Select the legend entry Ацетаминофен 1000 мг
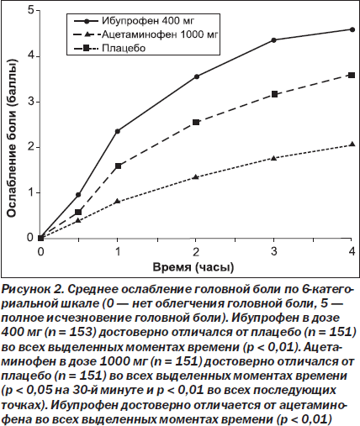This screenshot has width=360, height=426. point(146,34)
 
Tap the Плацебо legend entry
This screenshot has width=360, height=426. point(110,48)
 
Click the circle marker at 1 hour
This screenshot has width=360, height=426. point(118,131)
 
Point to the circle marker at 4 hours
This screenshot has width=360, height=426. point(352,29)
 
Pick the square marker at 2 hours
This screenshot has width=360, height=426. point(196,122)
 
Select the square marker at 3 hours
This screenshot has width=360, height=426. point(274,94)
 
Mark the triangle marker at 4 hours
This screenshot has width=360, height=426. point(352,145)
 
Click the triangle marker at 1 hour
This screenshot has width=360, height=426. point(118,201)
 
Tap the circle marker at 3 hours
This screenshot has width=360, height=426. point(274,40)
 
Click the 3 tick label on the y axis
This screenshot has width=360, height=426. point(30,102)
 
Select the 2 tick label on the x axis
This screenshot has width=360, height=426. point(196,251)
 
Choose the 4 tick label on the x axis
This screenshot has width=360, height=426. point(352,251)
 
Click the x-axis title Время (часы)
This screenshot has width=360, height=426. point(193,267)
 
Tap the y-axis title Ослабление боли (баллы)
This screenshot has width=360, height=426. point(12,139)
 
